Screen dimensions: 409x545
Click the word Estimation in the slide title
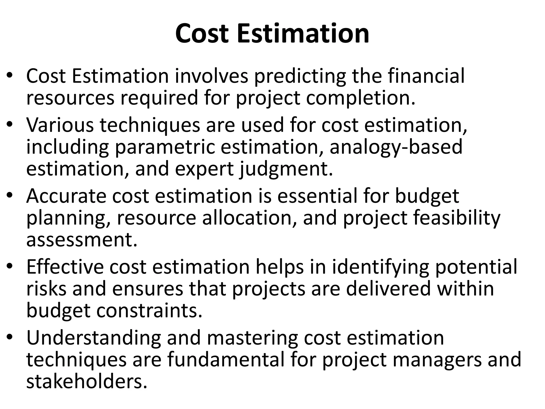click(x=303, y=34)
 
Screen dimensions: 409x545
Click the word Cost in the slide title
click(x=202, y=34)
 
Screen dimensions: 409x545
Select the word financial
click(x=426, y=76)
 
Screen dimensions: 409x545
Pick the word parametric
click(x=165, y=147)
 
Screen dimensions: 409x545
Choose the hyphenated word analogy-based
click(x=396, y=147)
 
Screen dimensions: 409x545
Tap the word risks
click(x=46, y=289)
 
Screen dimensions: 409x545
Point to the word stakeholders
click(x=87, y=382)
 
